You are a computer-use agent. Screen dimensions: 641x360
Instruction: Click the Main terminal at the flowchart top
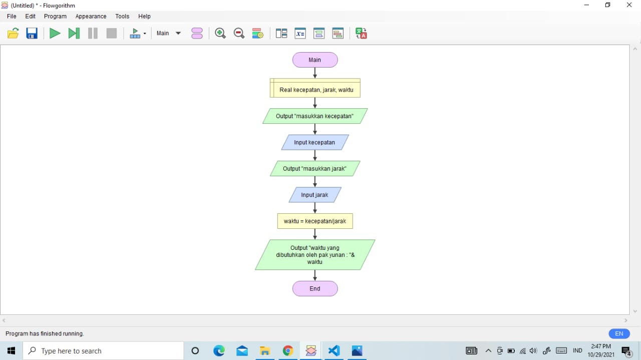315,60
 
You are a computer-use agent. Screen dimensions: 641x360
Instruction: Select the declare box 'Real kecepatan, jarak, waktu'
315,88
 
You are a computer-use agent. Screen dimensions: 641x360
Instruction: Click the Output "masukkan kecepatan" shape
315,116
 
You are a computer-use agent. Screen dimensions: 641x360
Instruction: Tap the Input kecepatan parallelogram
315,142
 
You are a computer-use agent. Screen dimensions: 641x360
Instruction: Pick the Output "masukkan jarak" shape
315,169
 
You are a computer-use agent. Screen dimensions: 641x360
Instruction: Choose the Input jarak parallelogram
315,195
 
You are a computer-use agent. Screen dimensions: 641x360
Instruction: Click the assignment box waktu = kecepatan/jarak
315,221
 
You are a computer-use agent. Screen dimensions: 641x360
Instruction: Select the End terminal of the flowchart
315,288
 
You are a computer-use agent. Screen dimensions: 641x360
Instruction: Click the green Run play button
55,33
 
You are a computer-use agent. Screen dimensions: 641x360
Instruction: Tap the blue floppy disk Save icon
32,33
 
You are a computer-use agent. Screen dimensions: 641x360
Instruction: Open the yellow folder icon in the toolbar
13,33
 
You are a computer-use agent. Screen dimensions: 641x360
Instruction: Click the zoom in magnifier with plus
220,33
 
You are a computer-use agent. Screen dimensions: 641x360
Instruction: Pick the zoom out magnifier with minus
239,33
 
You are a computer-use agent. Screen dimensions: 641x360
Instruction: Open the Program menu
55,17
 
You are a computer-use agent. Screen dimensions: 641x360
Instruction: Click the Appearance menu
91,17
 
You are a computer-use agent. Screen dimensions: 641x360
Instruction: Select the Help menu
144,17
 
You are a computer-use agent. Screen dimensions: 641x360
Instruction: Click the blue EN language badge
619,333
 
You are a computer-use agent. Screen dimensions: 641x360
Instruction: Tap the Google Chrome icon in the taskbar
288,350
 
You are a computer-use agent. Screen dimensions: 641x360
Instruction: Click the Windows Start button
11,350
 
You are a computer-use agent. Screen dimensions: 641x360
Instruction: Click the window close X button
629,5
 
